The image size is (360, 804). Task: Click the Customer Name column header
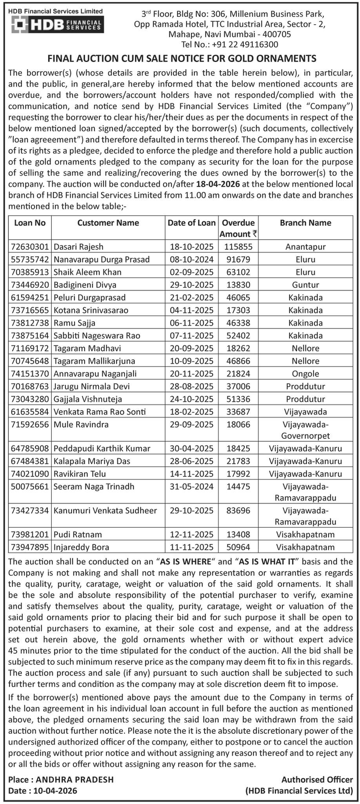click(x=108, y=223)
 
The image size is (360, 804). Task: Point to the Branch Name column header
click(x=305, y=223)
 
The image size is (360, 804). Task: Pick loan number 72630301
click(x=30, y=247)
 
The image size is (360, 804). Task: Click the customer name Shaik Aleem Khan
click(x=87, y=272)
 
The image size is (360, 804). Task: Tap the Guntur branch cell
click(x=305, y=285)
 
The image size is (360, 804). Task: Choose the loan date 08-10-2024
click(x=192, y=259)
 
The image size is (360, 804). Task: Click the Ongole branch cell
click(x=305, y=374)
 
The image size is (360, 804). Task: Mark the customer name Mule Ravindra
click(x=81, y=424)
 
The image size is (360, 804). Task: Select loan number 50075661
click(x=30, y=486)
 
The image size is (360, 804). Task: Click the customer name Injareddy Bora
click(x=82, y=547)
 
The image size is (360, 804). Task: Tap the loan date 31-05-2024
click(x=192, y=486)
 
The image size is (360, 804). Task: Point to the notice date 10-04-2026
click(x=55, y=791)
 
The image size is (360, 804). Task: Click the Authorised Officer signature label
click(x=317, y=780)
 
